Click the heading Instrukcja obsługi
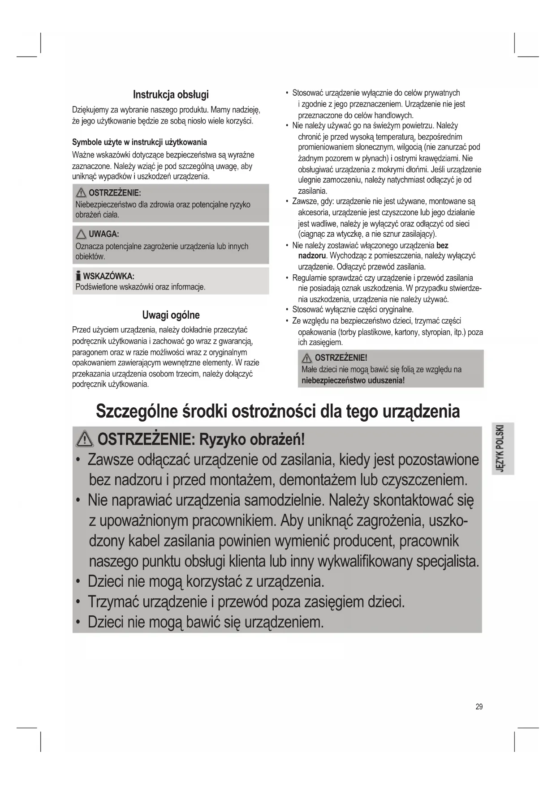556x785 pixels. tap(171, 94)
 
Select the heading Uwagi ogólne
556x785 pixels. tap(171, 315)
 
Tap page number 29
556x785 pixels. tap(479, 707)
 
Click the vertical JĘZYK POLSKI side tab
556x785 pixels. tap(502, 448)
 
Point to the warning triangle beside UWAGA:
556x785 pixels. tap(81, 234)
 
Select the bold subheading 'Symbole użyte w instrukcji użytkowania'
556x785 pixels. tap(139, 142)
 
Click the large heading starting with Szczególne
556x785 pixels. tap(278, 411)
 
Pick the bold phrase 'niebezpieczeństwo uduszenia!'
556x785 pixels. tap(353, 380)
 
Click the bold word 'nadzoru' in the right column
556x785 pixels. tap(312, 256)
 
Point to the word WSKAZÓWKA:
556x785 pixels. tap(108, 276)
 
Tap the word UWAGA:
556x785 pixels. tap(103, 234)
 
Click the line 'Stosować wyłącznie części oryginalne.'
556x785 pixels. tap(353, 310)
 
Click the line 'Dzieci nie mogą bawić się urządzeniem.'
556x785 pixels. tap(205, 622)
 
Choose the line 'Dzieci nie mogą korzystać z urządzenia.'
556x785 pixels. tap(206, 581)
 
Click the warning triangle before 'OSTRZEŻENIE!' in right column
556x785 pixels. tap(307, 358)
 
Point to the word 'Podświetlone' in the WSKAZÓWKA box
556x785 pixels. tap(95, 287)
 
